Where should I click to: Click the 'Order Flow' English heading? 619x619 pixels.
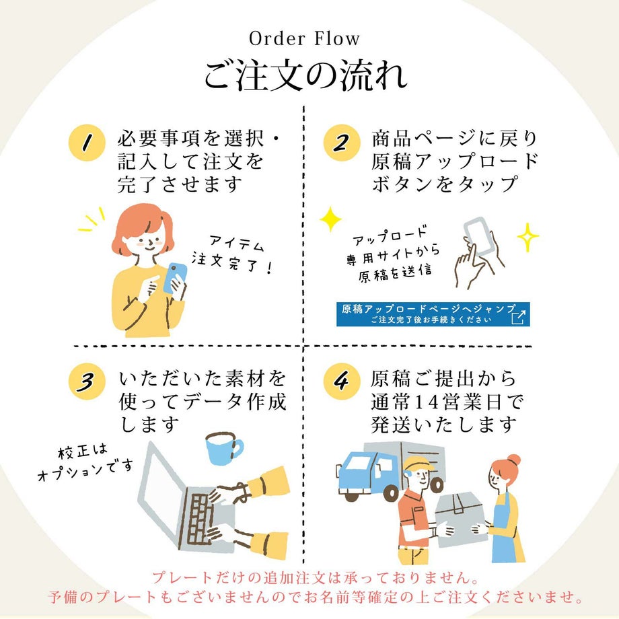(305, 39)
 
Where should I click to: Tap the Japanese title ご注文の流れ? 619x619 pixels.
(305, 75)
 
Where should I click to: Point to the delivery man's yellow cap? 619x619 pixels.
(417, 464)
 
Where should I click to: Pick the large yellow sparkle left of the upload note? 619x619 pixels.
(330, 219)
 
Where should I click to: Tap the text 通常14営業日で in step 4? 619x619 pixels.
(446, 402)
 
